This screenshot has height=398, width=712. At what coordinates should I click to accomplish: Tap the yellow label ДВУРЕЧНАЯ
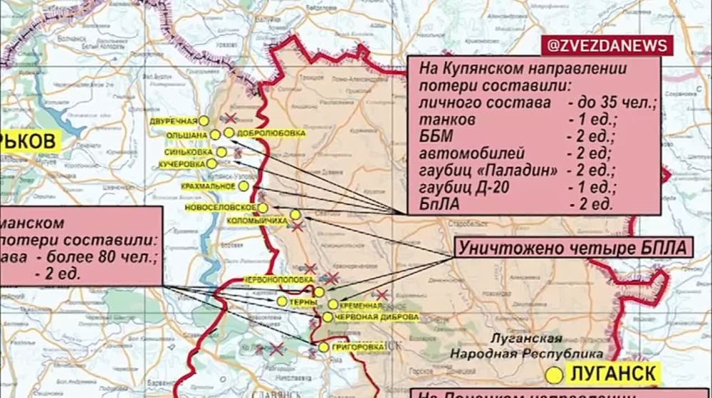(x=173, y=122)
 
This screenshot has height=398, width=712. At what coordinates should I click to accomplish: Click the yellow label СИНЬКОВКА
(x=187, y=152)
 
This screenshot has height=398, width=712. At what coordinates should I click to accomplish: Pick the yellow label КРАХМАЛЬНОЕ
(x=209, y=186)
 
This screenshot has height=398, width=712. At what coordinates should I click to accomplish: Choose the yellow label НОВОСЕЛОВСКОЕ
(x=219, y=207)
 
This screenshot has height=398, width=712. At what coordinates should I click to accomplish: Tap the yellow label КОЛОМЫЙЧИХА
(x=256, y=222)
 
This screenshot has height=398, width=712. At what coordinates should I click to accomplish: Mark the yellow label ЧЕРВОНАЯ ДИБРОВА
(x=368, y=317)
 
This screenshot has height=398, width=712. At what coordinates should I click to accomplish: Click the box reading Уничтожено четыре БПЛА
(x=572, y=249)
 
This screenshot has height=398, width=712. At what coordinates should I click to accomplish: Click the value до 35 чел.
(x=612, y=104)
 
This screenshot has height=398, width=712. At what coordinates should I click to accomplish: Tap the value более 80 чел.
(x=109, y=257)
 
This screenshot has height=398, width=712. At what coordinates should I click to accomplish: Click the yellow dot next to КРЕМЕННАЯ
(x=333, y=304)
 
